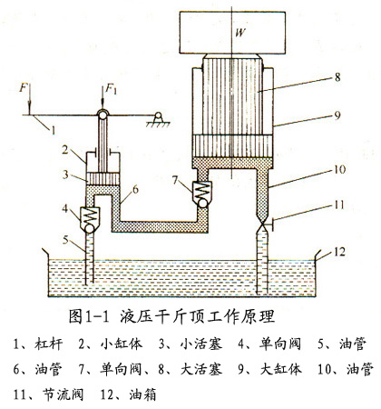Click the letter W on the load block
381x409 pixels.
point(240,32)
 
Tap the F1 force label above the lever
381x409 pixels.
point(111,89)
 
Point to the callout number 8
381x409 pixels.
point(337,77)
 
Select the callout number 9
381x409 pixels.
point(337,115)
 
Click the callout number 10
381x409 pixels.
point(340,169)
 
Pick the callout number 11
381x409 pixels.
point(339,204)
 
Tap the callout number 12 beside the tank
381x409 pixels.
point(340,252)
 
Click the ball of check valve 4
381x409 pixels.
point(90,228)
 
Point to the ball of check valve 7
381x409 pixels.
point(202,203)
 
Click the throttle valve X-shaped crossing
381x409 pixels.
point(262,225)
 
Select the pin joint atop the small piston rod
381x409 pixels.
point(103,115)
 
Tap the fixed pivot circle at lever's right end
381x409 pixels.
point(158,115)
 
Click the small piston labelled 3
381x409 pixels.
point(103,178)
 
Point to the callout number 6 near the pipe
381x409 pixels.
point(135,190)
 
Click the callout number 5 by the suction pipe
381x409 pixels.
point(65,240)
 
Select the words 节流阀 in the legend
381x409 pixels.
point(63,394)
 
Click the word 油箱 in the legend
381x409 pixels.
point(142,394)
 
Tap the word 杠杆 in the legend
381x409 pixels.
point(48,344)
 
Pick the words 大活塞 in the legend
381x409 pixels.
point(201,369)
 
